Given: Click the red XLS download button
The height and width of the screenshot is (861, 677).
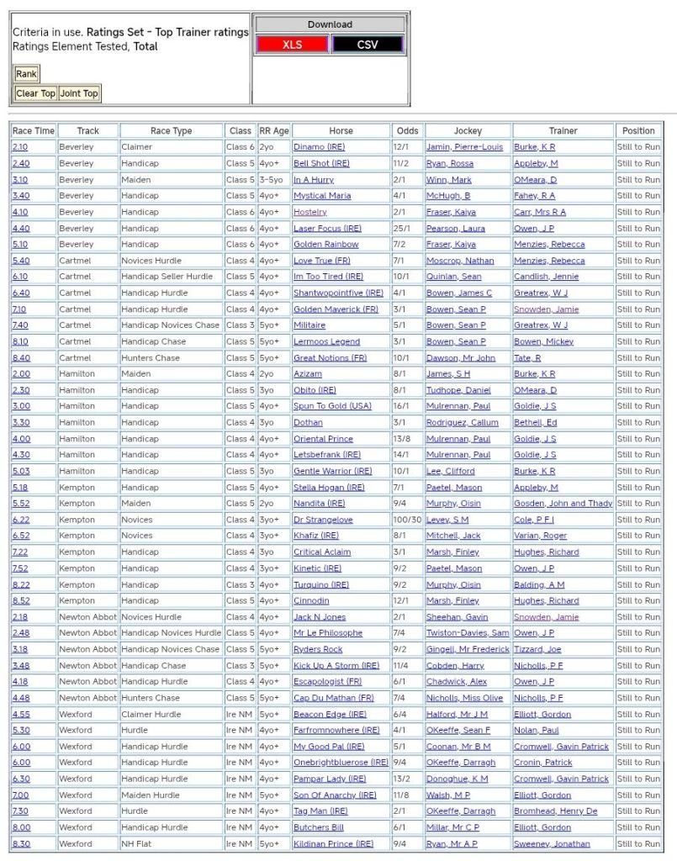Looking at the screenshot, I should coord(293,45).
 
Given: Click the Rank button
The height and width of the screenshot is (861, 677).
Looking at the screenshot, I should coord(26,74).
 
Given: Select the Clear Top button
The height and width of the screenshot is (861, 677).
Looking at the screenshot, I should coord(35,93).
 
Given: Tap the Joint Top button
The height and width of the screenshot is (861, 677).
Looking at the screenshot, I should coord(79,93).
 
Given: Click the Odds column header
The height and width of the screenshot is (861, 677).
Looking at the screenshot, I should coord(407,130).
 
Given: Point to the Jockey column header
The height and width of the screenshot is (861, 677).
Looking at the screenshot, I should coord(468,130).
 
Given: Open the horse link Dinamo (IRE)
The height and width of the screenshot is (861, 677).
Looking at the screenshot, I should coord(319,147).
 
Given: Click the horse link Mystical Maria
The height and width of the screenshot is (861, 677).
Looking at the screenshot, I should coord(322,196).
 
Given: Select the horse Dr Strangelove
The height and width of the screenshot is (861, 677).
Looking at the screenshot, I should coord(323,520).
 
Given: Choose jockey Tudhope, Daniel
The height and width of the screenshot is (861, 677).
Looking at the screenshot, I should coord(458,390).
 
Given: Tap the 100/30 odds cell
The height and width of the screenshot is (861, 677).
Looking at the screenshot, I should coord(407,520).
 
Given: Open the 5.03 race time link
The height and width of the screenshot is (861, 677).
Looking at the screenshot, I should coord(20,471).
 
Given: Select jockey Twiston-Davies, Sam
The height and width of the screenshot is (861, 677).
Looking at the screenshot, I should coord(467,633).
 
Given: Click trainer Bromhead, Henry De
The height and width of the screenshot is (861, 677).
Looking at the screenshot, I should coord(555,811).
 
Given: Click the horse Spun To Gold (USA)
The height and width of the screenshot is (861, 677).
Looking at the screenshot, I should coord(332,406).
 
